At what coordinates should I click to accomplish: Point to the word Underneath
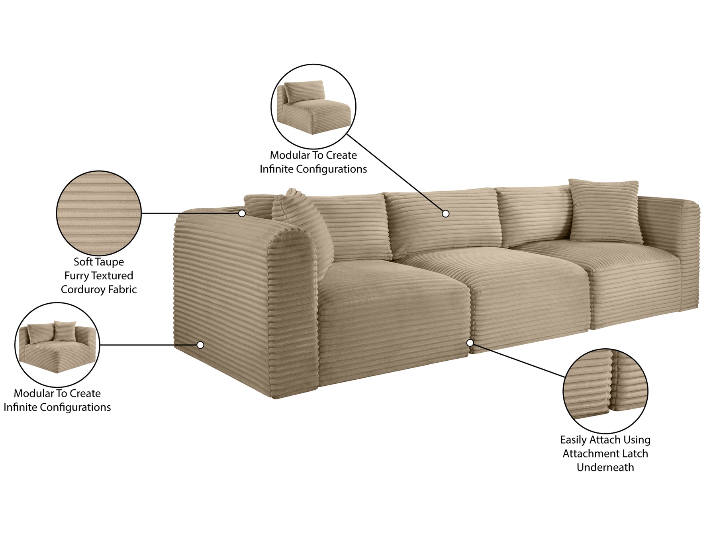point(605,467)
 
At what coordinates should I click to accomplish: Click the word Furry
point(76,276)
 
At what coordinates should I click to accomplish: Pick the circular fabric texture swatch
point(99,213)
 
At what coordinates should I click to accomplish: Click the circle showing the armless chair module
point(313,106)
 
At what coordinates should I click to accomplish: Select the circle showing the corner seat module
point(57,345)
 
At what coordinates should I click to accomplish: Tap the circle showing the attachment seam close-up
point(605,391)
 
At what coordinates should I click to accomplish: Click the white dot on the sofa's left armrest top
point(242,213)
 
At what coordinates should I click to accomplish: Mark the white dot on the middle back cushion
point(446,214)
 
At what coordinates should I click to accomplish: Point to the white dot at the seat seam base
point(470,343)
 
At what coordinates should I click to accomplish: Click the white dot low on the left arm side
point(200,345)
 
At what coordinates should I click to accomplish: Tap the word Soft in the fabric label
point(82,262)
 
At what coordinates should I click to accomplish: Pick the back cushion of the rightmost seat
point(534,215)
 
